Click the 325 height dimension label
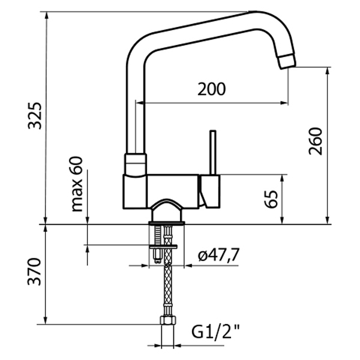tap(36, 115)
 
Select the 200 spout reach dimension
tap(212, 89)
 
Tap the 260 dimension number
tap(316, 141)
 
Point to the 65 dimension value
tap(271, 199)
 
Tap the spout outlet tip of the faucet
tap(287, 60)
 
